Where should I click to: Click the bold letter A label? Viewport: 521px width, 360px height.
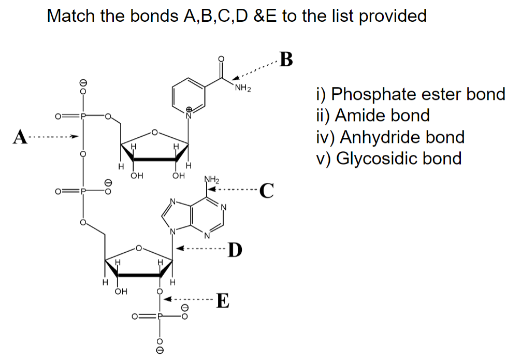pos(20,137)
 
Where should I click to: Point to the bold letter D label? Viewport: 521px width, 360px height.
pos(236,250)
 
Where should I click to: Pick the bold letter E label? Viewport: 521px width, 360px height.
pos(222,300)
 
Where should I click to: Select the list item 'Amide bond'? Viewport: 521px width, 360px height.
pos(372,116)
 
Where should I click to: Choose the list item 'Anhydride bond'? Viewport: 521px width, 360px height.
pos(390,137)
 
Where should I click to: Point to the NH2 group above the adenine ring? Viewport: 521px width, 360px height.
pos(212,181)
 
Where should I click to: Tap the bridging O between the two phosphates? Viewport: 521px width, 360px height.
pos(82,154)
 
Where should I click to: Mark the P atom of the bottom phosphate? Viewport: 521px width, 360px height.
pos(160,315)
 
